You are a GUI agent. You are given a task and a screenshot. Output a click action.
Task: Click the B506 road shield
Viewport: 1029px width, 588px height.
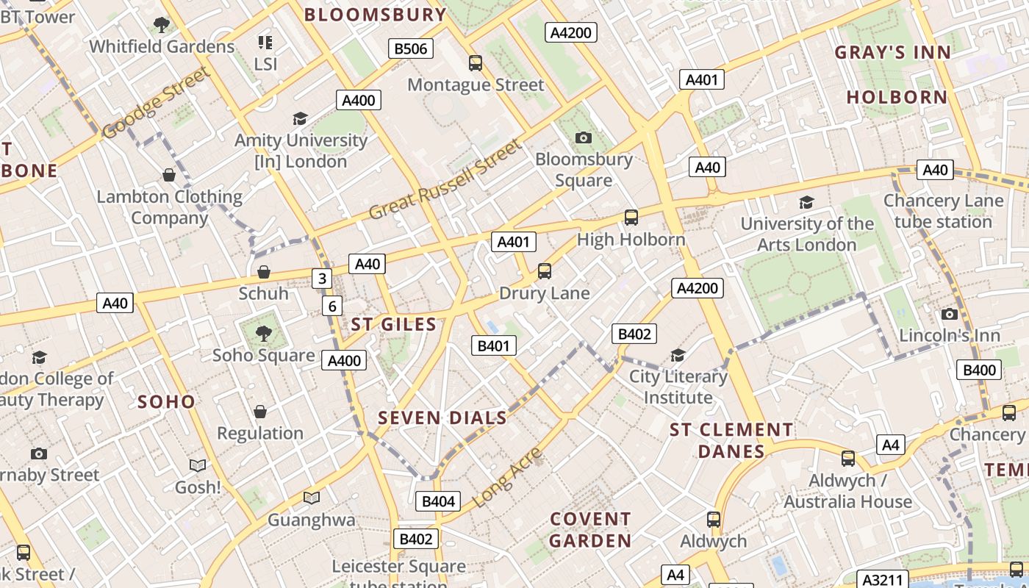tap(411, 49)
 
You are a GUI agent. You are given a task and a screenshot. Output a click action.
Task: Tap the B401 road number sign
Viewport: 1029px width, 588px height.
tap(494, 345)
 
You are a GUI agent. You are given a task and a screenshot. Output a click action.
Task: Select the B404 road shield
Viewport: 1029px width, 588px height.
tap(438, 501)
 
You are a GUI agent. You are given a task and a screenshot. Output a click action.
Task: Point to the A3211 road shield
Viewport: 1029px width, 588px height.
tap(883, 579)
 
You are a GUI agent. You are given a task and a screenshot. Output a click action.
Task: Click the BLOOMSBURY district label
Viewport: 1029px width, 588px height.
tap(375, 15)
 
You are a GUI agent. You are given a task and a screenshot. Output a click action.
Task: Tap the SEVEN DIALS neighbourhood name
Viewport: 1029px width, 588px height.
tap(442, 418)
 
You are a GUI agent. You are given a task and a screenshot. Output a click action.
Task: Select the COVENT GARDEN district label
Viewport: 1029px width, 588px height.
tap(591, 530)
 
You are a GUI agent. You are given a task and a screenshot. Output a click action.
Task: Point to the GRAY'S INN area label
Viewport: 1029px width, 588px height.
tap(893, 52)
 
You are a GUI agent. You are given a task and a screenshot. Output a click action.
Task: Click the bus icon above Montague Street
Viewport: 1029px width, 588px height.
tap(476, 63)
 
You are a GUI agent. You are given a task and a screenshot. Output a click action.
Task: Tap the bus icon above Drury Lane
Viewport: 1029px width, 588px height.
tap(545, 271)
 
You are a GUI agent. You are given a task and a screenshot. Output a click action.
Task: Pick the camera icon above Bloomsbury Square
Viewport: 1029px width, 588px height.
tap(584, 137)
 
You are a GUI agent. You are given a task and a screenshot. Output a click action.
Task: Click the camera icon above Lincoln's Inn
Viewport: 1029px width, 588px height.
tap(950, 315)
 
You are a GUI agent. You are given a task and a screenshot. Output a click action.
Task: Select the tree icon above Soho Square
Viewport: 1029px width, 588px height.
tap(263, 334)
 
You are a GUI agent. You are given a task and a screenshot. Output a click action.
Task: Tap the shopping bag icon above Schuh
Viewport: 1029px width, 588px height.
tap(264, 272)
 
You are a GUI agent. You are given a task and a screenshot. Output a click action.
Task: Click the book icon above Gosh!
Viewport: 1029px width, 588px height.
tap(198, 465)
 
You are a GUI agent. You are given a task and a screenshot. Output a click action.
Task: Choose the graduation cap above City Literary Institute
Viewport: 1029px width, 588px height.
tap(678, 356)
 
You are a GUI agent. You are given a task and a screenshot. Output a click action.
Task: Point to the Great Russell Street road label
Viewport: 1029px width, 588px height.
tap(445, 180)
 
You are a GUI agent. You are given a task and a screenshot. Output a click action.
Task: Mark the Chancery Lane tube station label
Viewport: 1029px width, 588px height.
tap(943, 211)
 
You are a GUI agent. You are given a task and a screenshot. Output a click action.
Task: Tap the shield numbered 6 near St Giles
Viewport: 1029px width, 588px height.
tap(332, 306)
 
